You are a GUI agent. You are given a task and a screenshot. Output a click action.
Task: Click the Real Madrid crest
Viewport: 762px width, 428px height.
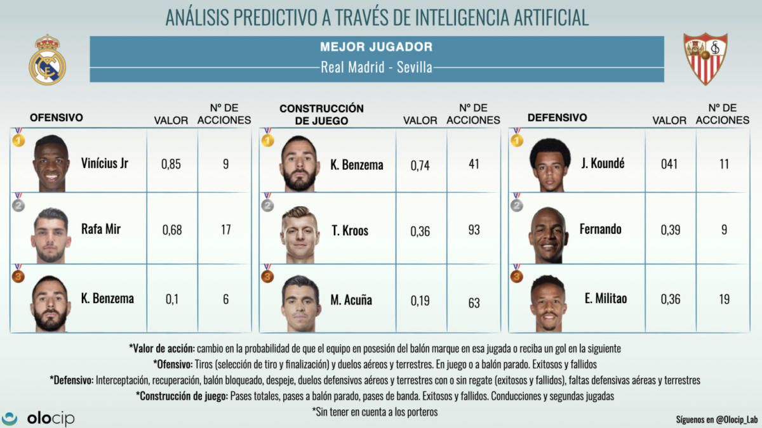[x=47, y=60]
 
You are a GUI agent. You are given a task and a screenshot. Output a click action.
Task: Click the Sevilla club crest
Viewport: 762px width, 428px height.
[x=705, y=59]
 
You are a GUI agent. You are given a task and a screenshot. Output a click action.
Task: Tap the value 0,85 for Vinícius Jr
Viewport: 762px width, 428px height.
[x=171, y=164]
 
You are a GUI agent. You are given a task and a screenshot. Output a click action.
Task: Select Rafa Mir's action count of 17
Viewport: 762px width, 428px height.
[x=225, y=230]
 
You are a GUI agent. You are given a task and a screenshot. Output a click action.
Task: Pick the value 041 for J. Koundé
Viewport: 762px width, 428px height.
[x=669, y=164]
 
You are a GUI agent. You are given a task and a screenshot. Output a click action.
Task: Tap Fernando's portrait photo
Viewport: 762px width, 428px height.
[x=547, y=235]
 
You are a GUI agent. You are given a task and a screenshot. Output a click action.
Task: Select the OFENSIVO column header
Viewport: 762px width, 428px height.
[x=57, y=118]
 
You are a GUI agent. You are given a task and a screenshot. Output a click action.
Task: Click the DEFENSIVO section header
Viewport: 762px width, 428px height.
[x=557, y=118]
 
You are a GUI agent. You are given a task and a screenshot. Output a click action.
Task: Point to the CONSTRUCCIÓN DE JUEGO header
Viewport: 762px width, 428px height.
[x=321, y=114]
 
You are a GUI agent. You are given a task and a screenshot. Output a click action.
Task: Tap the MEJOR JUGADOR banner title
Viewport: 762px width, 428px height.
[x=377, y=47]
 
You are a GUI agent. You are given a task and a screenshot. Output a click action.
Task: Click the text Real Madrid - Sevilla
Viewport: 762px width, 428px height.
[x=377, y=67]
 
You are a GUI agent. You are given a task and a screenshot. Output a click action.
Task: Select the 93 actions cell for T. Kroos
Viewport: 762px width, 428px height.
[x=474, y=230]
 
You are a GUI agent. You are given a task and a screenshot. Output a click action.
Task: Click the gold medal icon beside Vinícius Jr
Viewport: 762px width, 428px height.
[x=18, y=138]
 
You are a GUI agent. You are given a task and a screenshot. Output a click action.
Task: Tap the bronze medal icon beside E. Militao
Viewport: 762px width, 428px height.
[x=517, y=274]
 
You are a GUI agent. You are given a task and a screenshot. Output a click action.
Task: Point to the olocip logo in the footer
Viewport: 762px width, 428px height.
[x=38, y=418]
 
